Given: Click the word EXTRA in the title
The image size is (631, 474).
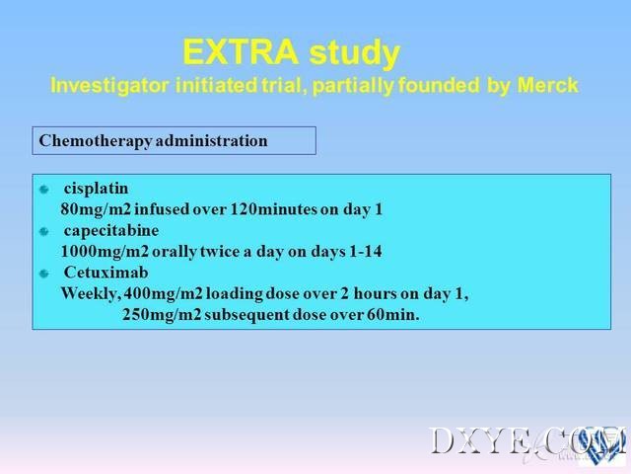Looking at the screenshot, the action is (x=241, y=52).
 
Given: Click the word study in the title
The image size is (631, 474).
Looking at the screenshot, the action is (x=355, y=53).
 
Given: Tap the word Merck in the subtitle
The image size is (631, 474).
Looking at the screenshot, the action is (x=548, y=85).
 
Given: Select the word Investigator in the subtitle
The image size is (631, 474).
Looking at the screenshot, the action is (x=109, y=86).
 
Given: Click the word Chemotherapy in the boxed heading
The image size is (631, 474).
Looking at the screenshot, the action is (x=96, y=141).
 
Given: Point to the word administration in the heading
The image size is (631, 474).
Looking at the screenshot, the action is (x=212, y=140).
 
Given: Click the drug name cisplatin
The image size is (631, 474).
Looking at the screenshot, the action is (x=96, y=189).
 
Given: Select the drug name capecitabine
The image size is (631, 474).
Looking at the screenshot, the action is (x=111, y=231).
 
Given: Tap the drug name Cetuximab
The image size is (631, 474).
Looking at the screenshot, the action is (x=105, y=273).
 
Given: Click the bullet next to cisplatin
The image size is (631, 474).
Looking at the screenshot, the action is (x=44, y=189).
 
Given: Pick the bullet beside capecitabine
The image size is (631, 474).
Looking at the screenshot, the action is (x=44, y=231).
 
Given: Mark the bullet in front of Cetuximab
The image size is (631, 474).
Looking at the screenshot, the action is (x=44, y=274).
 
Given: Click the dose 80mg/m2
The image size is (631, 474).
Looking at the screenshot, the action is (x=97, y=209).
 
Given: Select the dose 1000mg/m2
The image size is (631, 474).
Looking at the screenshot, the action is (x=105, y=252).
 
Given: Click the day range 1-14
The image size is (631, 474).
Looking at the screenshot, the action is (x=366, y=251).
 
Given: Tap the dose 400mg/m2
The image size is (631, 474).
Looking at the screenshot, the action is (x=163, y=294).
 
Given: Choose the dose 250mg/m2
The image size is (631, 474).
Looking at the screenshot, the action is (x=162, y=315).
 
